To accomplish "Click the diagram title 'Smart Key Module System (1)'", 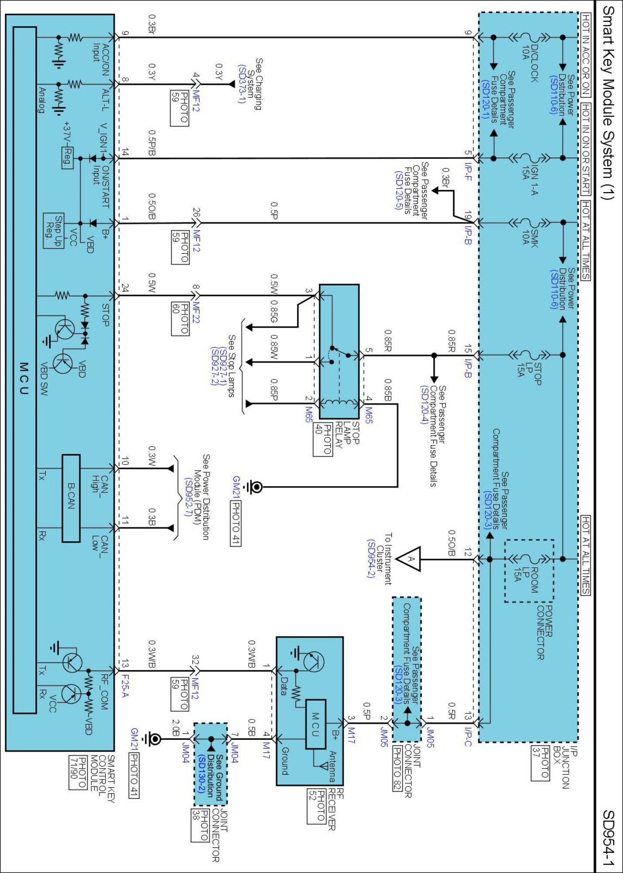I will tap(608, 103).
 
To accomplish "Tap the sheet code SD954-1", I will tap(608, 838).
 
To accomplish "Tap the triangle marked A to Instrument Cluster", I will tap(410, 559).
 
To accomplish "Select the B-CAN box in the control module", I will tap(71, 498).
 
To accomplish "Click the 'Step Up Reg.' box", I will tap(54, 231).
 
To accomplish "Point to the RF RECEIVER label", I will tap(335, 811).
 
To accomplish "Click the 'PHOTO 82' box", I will tap(397, 768).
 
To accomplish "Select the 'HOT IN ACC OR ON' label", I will tap(585, 55).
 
